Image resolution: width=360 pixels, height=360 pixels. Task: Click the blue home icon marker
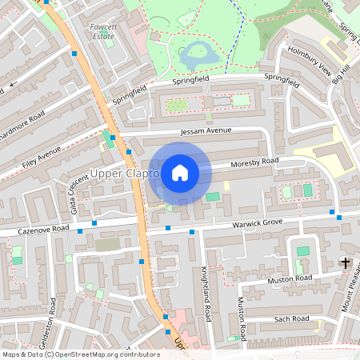pos(179,172)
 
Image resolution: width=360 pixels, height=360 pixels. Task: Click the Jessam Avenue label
pos(206,130)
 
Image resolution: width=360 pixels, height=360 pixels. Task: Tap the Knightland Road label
pos(206,294)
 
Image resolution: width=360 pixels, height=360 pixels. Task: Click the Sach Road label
pos(291,318)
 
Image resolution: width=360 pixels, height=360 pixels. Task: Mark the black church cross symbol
pos(346,262)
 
